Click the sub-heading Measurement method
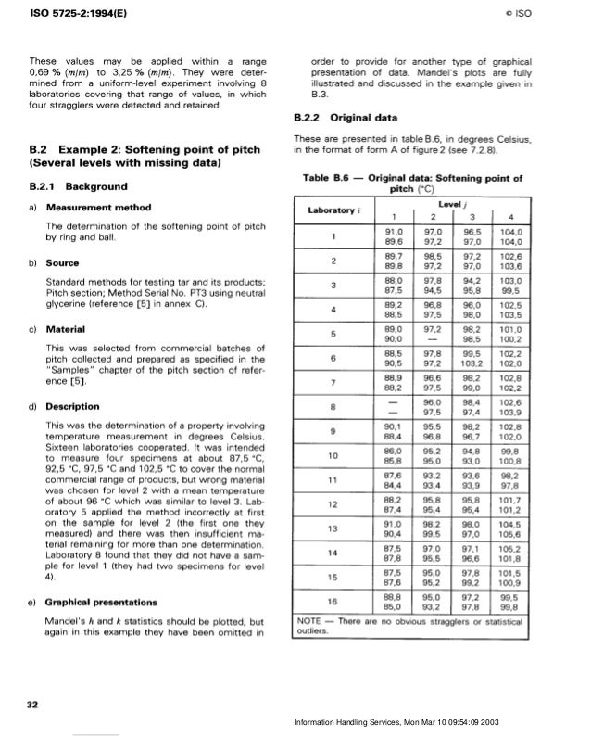point(95,207)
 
